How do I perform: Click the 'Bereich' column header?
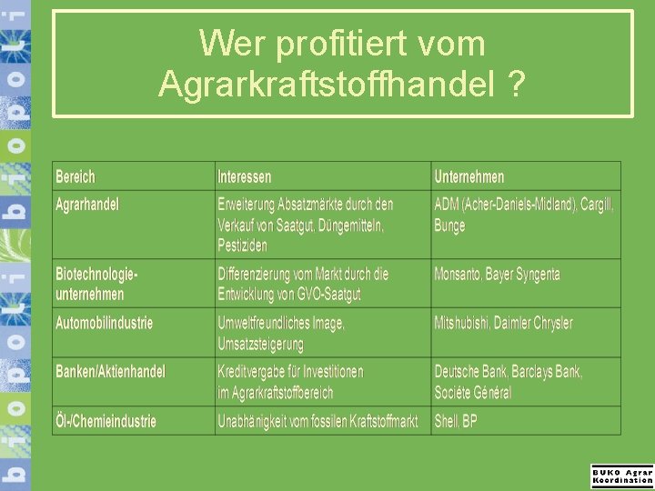76,176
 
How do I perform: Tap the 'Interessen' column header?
244,176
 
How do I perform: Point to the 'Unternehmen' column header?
469,176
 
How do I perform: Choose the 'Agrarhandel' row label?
87,204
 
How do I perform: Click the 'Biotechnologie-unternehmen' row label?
97,284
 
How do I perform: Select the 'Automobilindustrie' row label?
105,323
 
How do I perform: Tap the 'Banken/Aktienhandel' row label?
111,372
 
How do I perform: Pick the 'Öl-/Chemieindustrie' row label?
106,421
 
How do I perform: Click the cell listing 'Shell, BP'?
456,421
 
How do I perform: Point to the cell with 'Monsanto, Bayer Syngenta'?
497,274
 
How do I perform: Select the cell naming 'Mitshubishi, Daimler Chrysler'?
503,323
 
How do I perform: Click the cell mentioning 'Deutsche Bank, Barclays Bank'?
508,382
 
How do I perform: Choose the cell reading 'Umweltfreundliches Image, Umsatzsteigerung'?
281,333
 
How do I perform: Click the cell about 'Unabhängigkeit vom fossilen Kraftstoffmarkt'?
317,421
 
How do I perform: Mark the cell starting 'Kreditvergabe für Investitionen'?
290,382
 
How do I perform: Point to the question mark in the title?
516,85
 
